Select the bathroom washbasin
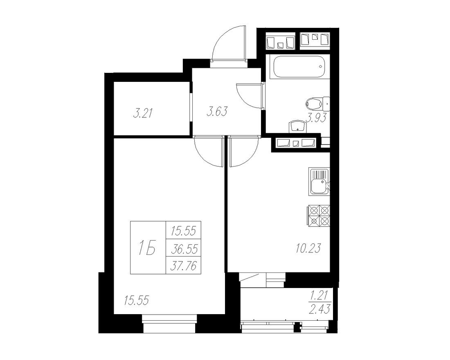(x=297, y=127)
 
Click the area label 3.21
(x=143, y=113)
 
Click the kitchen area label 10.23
(x=306, y=247)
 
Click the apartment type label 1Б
(x=148, y=248)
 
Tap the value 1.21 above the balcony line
(x=320, y=295)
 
